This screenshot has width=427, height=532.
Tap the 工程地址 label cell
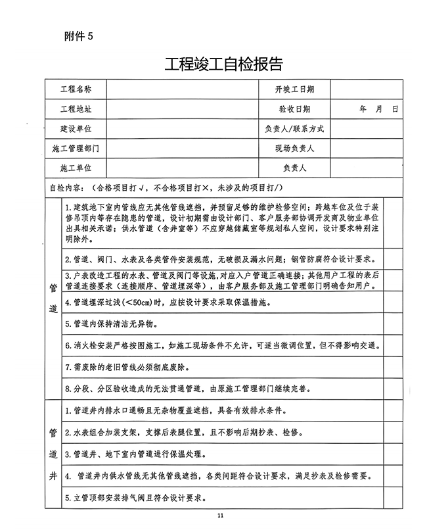click(x=76, y=109)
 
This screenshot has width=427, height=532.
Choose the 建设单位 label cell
click(x=76, y=129)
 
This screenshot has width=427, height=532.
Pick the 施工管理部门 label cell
click(x=76, y=149)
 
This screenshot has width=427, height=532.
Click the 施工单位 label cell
click(x=76, y=168)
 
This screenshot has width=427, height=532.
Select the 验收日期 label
click(x=294, y=109)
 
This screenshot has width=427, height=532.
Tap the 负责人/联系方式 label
click(x=294, y=129)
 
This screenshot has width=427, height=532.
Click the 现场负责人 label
click(x=294, y=149)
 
